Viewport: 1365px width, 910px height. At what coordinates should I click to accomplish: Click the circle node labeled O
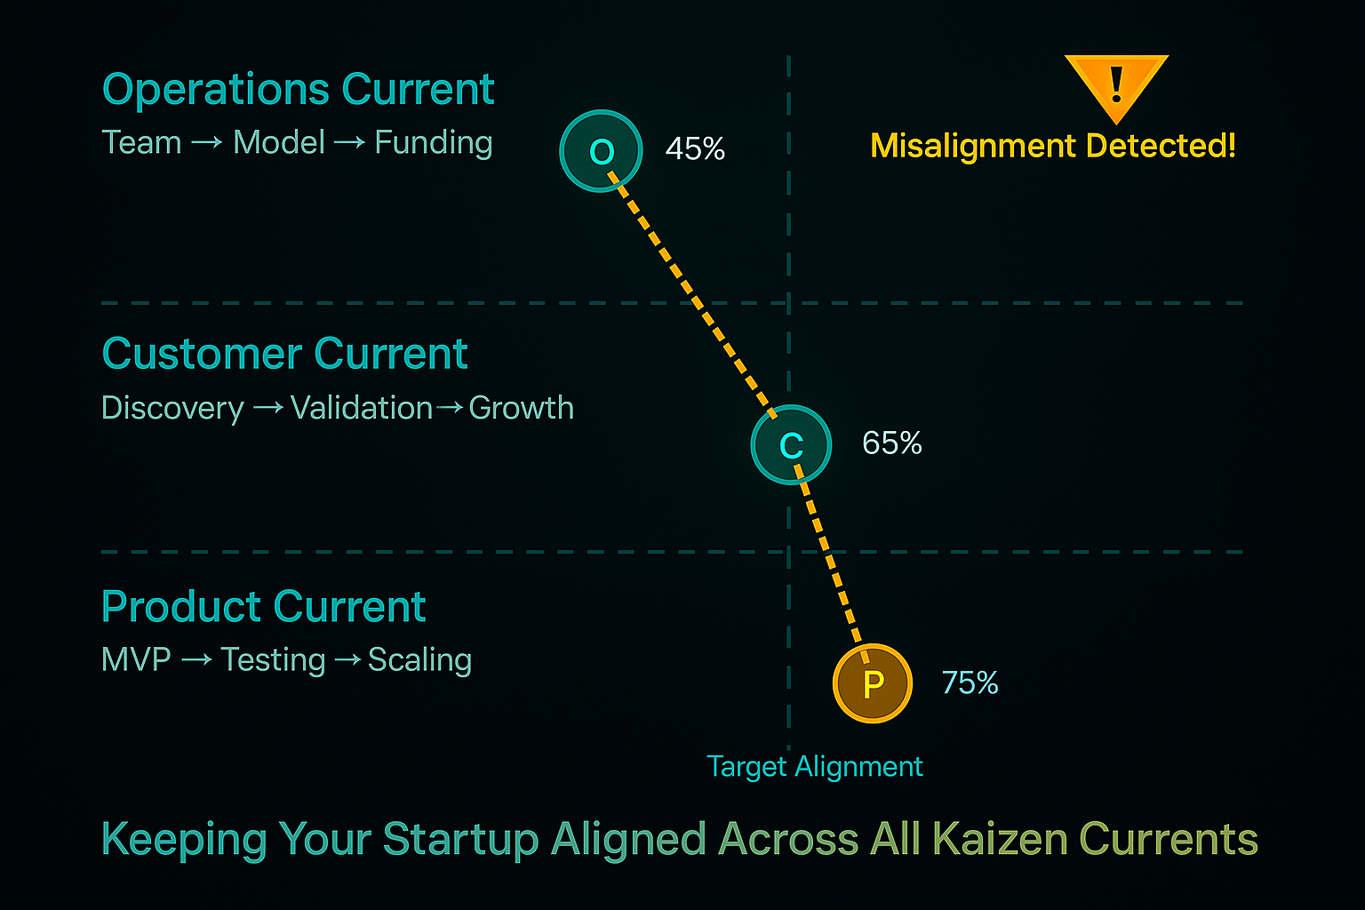pyautogui.click(x=601, y=151)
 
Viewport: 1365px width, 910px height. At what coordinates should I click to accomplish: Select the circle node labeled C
pyautogui.click(x=791, y=444)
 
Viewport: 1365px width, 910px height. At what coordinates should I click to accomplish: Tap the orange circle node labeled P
pyautogui.click(x=873, y=683)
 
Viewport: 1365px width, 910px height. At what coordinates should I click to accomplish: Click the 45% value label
pyautogui.click(x=695, y=149)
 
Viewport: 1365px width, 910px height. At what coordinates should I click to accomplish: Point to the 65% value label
pyautogui.click(x=892, y=443)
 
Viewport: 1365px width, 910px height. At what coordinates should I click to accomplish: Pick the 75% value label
pyautogui.click(x=970, y=682)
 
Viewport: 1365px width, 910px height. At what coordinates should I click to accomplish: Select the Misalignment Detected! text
pyautogui.click(x=1053, y=146)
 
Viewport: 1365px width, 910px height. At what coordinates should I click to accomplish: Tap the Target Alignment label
pyautogui.click(x=815, y=766)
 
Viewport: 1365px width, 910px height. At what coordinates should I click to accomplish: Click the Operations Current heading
pyautogui.click(x=298, y=90)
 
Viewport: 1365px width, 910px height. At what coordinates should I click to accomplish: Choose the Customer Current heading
pyautogui.click(x=284, y=354)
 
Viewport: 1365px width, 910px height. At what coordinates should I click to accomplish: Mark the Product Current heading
pyautogui.click(x=263, y=607)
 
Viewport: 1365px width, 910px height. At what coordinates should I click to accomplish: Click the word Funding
pyautogui.click(x=434, y=143)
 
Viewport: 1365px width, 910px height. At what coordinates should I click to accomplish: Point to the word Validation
pyautogui.click(x=362, y=408)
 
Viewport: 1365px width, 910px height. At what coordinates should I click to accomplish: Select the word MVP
pyautogui.click(x=136, y=659)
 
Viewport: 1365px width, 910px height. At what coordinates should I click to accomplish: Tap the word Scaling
pyautogui.click(x=419, y=660)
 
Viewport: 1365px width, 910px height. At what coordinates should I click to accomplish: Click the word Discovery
pyautogui.click(x=172, y=408)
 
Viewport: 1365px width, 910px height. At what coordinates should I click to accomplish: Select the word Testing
pyautogui.click(x=273, y=660)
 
